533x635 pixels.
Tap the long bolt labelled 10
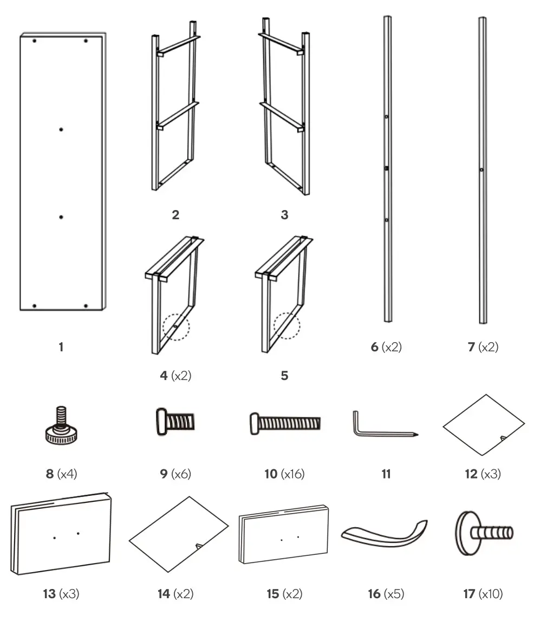coord(284,421)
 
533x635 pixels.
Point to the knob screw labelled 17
coord(482,534)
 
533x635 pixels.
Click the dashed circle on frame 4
coord(176,327)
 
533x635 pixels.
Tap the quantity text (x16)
coord(292,474)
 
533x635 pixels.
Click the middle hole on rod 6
coord(387,169)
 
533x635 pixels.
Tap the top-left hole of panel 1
coord(34,41)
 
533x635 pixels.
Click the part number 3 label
coord(284,215)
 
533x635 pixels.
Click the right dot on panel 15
coord(298,537)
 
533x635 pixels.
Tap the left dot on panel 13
coord(54,537)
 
